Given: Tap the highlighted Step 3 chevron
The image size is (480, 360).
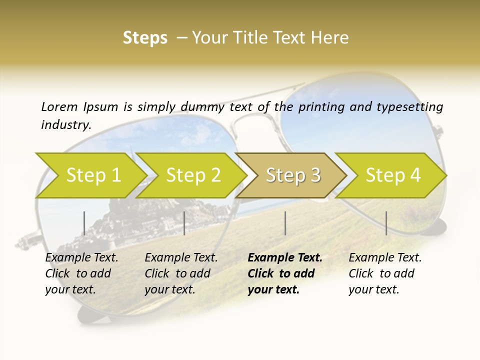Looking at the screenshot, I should tap(292, 175).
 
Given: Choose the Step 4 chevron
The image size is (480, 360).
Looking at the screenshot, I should tap(392, 175).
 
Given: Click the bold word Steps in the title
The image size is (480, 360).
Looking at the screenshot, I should tap(145, 38).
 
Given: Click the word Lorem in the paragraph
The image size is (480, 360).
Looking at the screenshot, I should tap(59, 107).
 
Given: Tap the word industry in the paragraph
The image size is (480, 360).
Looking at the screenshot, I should tap(66, 125).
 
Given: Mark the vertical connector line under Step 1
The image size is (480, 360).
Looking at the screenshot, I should tap(84, 223).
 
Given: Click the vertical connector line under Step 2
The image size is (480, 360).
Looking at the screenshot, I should tap(184, 223).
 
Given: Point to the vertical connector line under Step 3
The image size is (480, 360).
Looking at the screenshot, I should tap(285, 223).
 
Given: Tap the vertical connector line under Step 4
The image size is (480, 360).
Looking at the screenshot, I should tap(386, 223).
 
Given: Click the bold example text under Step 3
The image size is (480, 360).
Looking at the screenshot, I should tap(284, 273).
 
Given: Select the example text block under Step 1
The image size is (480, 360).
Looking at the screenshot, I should tap(81, 273).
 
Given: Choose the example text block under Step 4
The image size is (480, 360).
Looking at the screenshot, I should tap(384, 273).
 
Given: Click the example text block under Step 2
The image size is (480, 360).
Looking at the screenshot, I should tap(180, 273).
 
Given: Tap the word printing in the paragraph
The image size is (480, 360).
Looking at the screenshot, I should tap(317, 107).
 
